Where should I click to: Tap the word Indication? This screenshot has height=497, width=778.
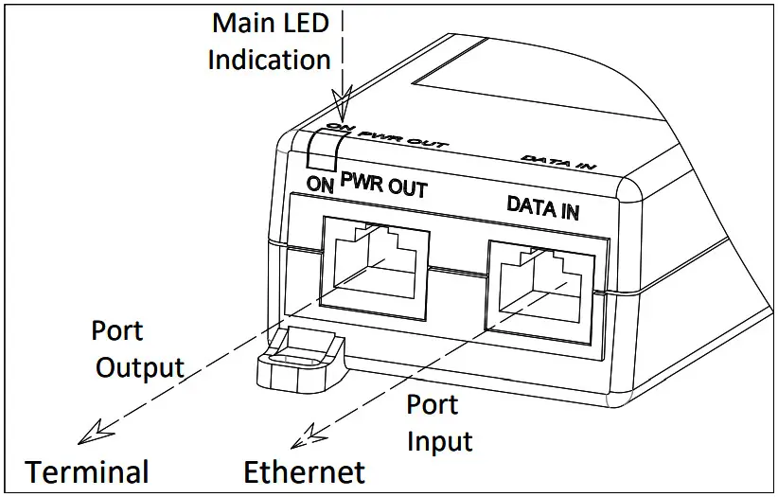[269, 60]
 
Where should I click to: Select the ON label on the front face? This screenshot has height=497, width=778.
[321, 186]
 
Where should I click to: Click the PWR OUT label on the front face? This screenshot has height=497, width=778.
[383, 186]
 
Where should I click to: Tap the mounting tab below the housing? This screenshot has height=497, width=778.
[298, 362]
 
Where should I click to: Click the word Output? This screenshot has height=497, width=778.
[139, 367]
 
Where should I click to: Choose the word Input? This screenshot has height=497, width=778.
[439, 441]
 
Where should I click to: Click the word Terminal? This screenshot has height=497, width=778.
[87, 471]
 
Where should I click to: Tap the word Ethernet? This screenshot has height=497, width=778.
[304, 471]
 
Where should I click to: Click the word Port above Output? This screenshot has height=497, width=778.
[117, 330]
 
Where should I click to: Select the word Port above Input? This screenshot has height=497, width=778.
[433, 404]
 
